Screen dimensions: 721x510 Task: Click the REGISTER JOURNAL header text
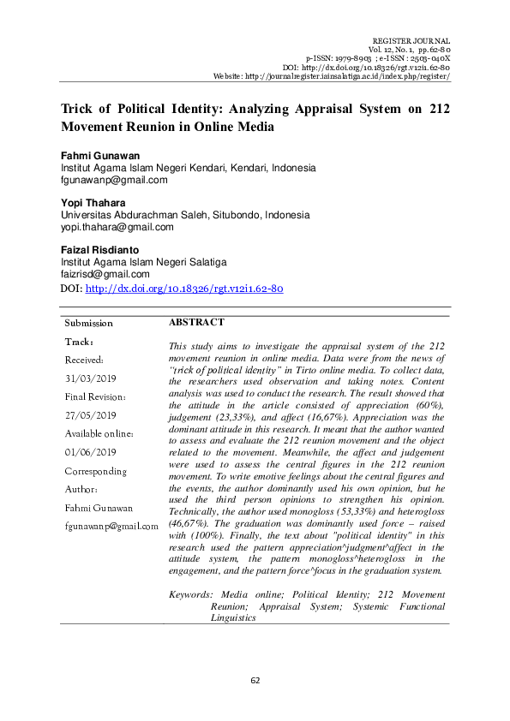[x=411, y=41]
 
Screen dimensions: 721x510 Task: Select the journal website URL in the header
[x=357, y=76]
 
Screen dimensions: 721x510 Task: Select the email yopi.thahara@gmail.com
[x=117, y=227]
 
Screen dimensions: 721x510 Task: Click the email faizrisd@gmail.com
[x=105, y=274]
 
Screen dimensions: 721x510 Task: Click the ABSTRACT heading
[x=196, y=323]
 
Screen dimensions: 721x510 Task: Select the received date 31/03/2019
[x=91, y=378]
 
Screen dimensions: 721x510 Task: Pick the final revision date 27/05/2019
[x=91, y=415]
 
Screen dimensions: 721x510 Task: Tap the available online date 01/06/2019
[x=91, y=452]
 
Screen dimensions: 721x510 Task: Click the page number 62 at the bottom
[x=255, y=680]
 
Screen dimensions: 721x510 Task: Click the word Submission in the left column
[x=89, y=324]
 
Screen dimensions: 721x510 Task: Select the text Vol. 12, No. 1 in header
[x=397, y=50]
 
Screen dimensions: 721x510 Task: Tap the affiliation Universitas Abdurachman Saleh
[x=128, y=215]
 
